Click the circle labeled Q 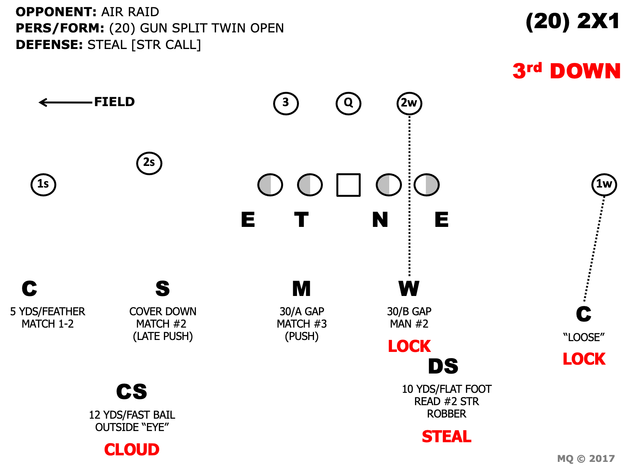pyautogui.click(x=348, y=103)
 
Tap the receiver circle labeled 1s pyautogui.click(x=43, y=184)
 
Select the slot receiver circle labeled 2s pyautogui.click(x=149, y=163)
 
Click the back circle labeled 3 pyautogui.click(x=286, y=103)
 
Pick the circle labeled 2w pyautogui.click(x=409, y=103)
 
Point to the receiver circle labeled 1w pyautogui.click(x=604, y=184)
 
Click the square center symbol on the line pyautogui.click(x=348, y=185)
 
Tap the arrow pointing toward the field pyautogui.click(x=66, y=102)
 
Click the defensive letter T pyautogui.click(x=301, y=220)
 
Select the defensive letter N pyautogui.click(x=380, y=220)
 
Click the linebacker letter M pyautogui.click(x=301, y=289)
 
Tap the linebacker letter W pyautogui.click(x=409, y=289)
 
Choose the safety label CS pyautogui.click(x=132, y=392)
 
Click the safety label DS pyautogui.click(x=443, y=366)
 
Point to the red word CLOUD pyautogui.click(x=132, y=450)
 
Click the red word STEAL pyautogui.click(x=446, y=436)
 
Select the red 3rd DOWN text pyautogui.click(x=566, y=71)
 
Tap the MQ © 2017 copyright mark pyautogui.click(x=586, y=458)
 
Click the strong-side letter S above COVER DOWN pyautogui.click(x=162, y=289)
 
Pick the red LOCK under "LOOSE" pyautogui.click(x=584, y=359)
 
